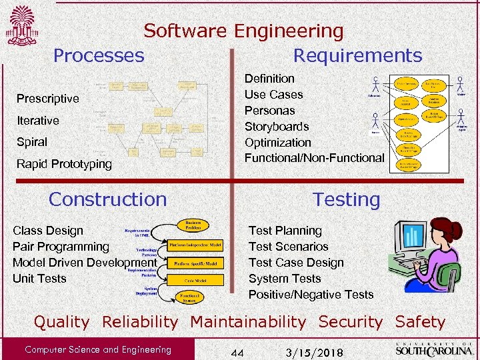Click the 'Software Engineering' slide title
(x=243, y=31)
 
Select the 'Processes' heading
(x=99, y=55)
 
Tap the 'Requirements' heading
(x=357, y=55)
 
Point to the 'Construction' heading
(x=108, y=199)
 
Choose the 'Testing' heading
(x=347, y=199)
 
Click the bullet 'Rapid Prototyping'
(x=64, y=164)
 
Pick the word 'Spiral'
(x=32, y=142)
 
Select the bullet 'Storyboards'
(x=277, y=127)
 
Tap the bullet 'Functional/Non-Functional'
(x=314, y=158)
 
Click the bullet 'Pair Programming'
(x=61, y=247)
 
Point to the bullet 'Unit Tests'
(x=39, y=279)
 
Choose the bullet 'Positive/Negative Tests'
(x=311, y=295)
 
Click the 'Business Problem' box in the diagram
(x=193, y=225)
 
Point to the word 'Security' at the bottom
(x=351, y=322)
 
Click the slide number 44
(x=237, y=351)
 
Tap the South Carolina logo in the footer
(x=433, y=348)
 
